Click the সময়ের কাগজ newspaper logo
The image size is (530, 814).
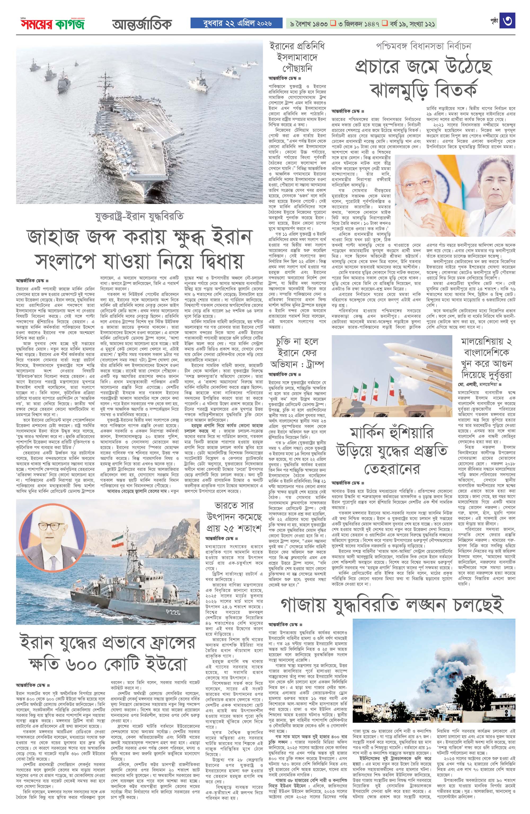click(x=52, y=24)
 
